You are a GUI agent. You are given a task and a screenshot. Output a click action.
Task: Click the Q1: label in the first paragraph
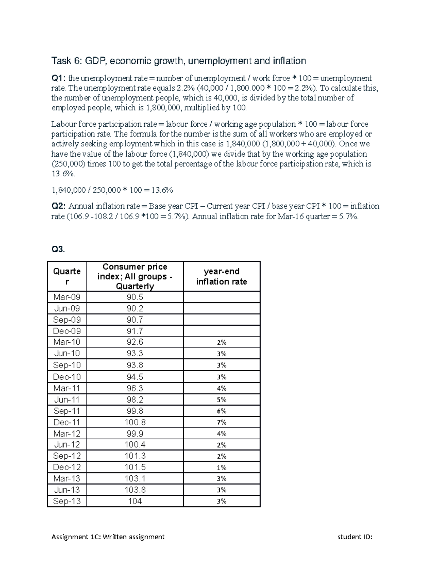(x=58, y=78)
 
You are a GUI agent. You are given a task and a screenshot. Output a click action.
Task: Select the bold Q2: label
(x=58, y=206)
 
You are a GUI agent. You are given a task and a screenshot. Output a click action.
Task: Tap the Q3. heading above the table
(x=58, y=249)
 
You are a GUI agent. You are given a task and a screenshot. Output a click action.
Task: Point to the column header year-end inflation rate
(x=222, y=276)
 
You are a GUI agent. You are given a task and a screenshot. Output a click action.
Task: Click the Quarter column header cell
(x=67, y=276)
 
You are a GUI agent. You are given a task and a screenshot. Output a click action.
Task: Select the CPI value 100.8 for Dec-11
(x=135, y=422)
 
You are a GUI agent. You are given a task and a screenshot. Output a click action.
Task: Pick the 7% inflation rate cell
(x=222, y=422)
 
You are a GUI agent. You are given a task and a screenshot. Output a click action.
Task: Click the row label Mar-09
(x=67, y=297)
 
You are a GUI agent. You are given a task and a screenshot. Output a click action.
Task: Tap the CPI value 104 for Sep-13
(x=135, y=501)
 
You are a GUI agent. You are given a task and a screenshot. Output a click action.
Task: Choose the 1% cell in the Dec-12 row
(x=222, y=468)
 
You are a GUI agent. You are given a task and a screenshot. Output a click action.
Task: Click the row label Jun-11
(x=67, y=400)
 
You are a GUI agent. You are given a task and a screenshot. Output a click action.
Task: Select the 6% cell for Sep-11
(x=222, y=411)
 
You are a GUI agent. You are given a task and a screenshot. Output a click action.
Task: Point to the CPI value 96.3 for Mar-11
(x=135, y=388)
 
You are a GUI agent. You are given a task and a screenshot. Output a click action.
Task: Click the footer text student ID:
(x=355, y=537)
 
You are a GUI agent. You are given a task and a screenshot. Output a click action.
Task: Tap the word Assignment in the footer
(x=67, y=537)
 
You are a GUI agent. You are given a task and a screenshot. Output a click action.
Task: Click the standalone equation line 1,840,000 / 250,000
(x=112, y=190)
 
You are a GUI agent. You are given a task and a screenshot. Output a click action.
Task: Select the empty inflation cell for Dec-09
(x=222, y=331)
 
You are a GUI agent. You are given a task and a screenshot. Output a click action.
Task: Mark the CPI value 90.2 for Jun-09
(x=135, y=309)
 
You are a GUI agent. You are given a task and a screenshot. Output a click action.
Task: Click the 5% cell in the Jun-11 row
(x=222, y=400)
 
